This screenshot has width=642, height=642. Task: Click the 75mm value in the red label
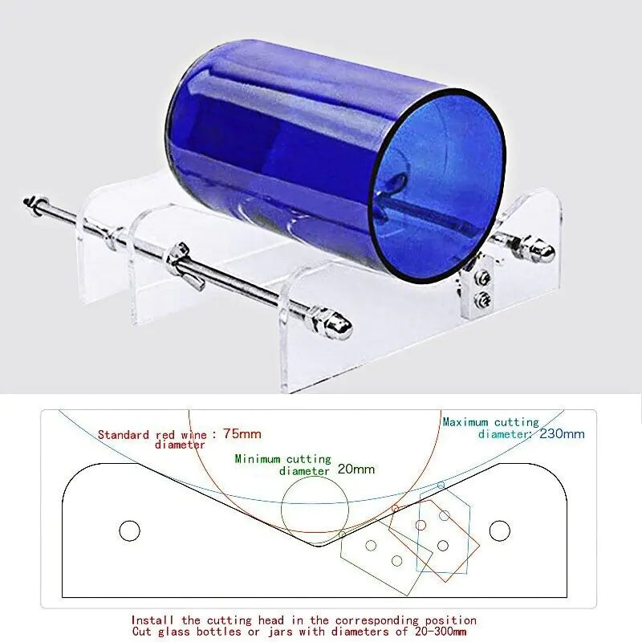pyautogui.click(x=242, y=433)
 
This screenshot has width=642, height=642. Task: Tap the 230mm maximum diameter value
pyautogui.click(x=562, y=433)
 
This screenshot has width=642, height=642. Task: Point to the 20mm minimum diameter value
pyautogui.click(x=356, y=469)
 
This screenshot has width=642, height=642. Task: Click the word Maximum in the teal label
pyautogui.click(x=465, y=422)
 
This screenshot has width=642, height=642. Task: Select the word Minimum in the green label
pyautogui.click(x=258, y=459)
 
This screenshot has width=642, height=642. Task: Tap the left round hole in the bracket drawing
pyautogui.click(x=129, y=531)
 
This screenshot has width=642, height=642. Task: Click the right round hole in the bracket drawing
pyautogui.click(x=499, y=530)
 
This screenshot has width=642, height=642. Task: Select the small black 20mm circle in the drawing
pyautogui.click(x=315, y=510)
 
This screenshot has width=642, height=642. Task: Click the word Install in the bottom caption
pyautogui.click(x=152, y=620)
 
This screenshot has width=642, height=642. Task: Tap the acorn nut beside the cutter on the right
pyautogui.click(x=539, y=250)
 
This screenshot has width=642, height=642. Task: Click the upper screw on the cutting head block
pyautogui.click(x=483, y=278)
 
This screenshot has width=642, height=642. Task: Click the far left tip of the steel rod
pyautogui.click(x=25, y=201)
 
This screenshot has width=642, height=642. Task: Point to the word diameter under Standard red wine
pyautogui.click(x=180, y=445)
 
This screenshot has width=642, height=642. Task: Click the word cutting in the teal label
pyautogui.click(x=516, y=423)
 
